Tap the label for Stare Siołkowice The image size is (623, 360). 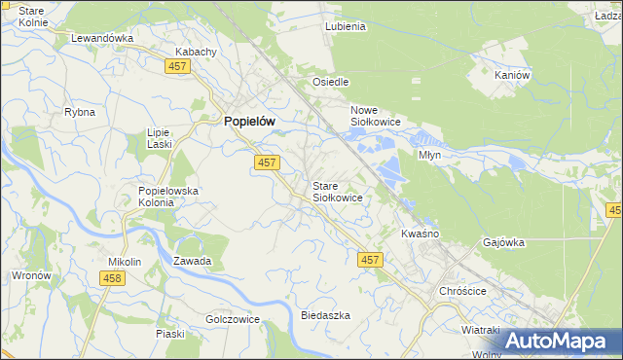tap(338, 191)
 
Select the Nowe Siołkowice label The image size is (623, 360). tap(376, 117)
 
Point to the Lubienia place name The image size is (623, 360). tap(346, 26)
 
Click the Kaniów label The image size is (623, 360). tap(512, 75)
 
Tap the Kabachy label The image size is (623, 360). tap(194, 52)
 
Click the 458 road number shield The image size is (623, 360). tap(112, 279)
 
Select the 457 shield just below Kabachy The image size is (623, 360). tap(177, 66)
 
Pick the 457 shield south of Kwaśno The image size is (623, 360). tap(369, 260)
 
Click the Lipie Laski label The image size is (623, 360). tap(159, 137)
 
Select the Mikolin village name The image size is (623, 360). tap(125, 262)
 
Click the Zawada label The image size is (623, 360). tap(193, 261)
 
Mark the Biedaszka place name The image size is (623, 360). tap(325, 316)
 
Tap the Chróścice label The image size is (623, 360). tap(462, 291)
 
